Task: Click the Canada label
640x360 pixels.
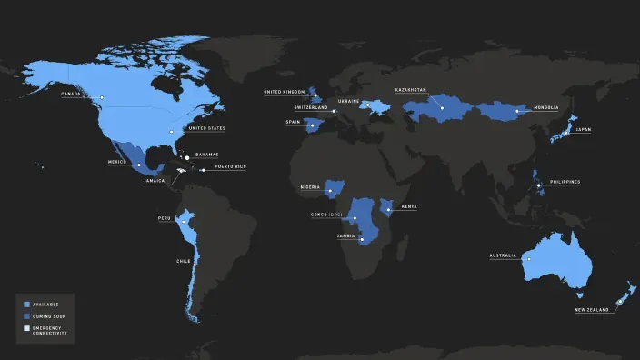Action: [x=70, y=95]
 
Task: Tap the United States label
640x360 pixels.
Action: [x=205, y=128]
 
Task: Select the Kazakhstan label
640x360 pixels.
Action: [x=411, y=90]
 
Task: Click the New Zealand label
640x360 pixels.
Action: [x=591, y=311]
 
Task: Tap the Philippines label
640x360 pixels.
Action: [x=564, y=182]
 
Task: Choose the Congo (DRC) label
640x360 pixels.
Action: [x=325, y=215]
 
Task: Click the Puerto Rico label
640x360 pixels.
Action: [x=229, y=167]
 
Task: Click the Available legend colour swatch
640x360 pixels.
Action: [x=27, y=304]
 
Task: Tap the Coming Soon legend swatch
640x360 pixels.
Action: [x=27, y=316]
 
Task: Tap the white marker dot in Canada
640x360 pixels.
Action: [x=103, y=97]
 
